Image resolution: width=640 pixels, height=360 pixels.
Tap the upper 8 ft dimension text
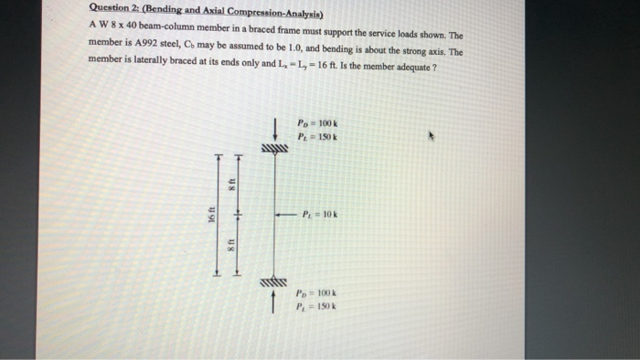tap(232, 183)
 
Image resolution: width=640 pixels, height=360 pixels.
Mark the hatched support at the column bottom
tap(274, 281)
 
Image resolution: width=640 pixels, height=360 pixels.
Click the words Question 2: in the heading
tap(112, 11)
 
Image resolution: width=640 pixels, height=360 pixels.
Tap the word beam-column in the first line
tap(163, 26)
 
